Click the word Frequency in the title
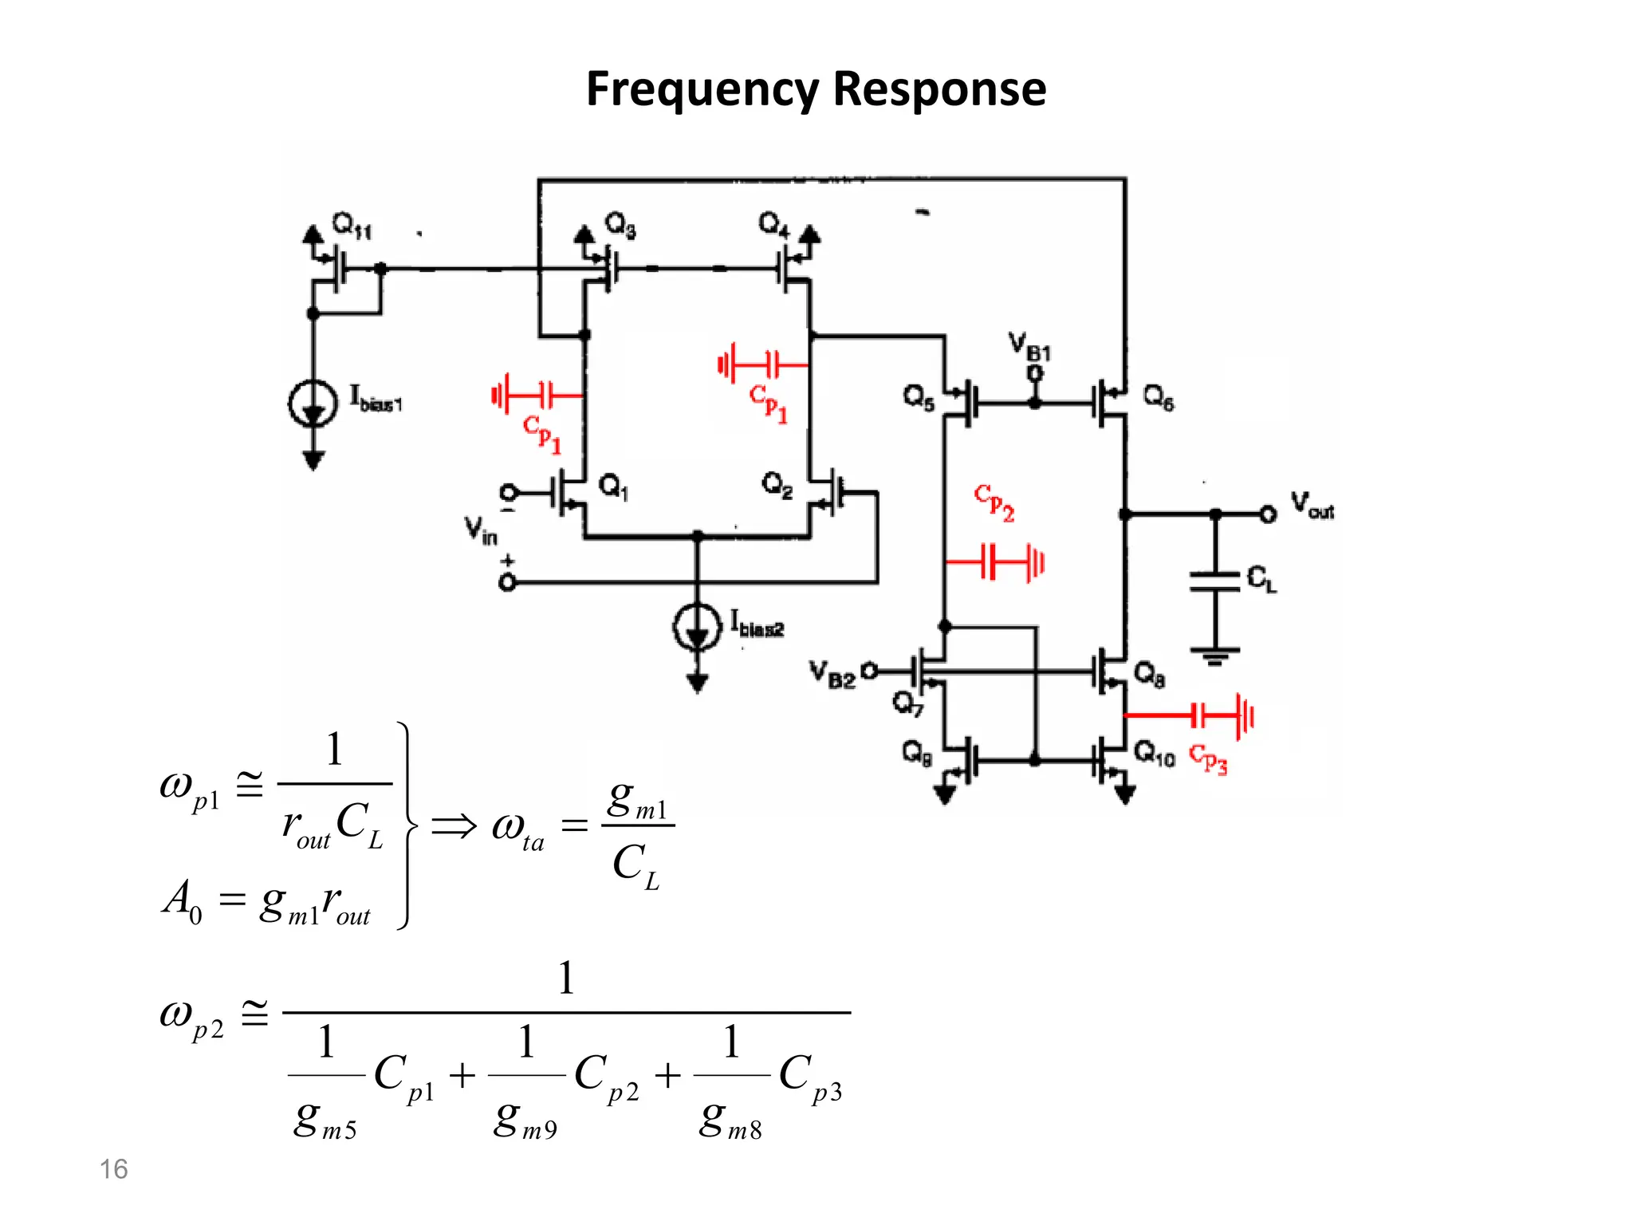(702, 89)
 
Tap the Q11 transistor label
(351, 226)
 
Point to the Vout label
(1312, 506)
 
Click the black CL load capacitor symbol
(1214, 581)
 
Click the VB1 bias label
(1029, 346)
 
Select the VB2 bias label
(832, 674)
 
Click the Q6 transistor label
(1158, 396)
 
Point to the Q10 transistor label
(1154, 753)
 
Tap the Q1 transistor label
(613, 486)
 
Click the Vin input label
(481, 530)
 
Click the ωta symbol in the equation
(517, 830)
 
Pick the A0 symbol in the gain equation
(183, 901)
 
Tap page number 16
(113, 1169)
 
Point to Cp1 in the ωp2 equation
(405, 1077)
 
